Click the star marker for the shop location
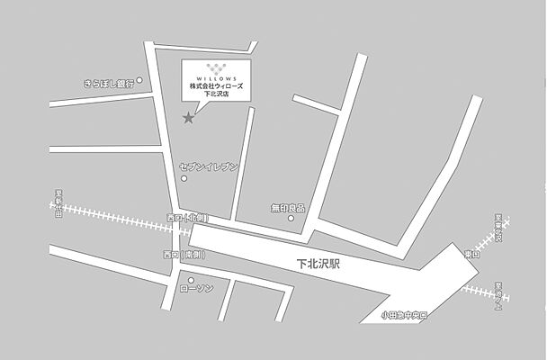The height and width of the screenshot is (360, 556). click(x=188, y=118)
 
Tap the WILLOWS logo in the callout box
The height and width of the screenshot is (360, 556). click(x=216, y=71)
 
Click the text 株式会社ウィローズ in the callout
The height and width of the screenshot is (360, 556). click(x=216, y=85)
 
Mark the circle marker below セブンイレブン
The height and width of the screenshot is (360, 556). click(x=184, y=178)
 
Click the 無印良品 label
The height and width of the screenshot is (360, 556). click(x=288, y=208)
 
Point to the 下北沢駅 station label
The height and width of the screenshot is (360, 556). click(x=319, y=265)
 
